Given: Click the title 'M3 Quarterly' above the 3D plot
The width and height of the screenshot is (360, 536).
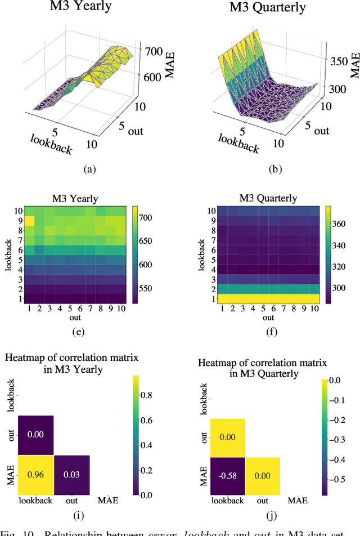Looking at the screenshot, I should (x=267, y=8).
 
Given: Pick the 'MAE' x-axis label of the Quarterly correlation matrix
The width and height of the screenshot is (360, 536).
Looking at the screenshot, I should (x=299, y=500).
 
